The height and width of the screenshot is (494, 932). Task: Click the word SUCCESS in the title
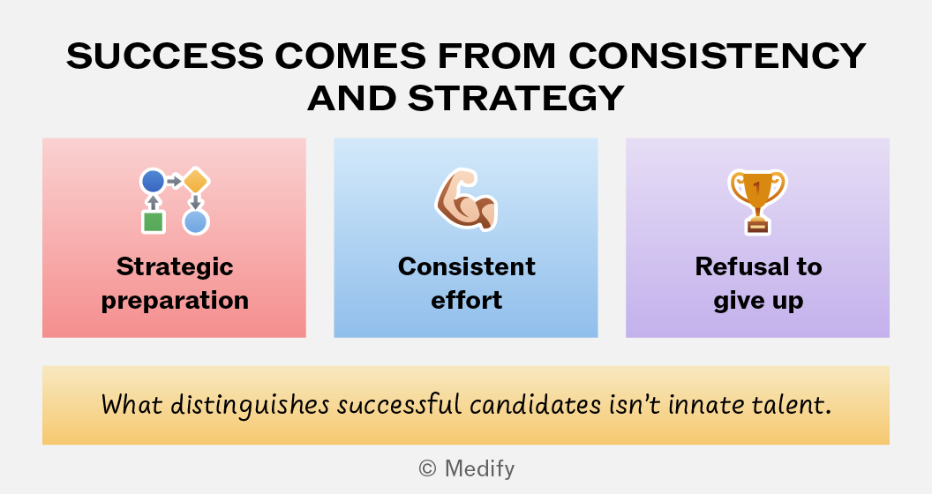click(165, 56)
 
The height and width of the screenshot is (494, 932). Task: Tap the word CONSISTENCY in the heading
click(718, 56)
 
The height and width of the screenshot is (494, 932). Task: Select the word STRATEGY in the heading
click(516, 98)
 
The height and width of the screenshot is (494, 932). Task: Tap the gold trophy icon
click(757, 202)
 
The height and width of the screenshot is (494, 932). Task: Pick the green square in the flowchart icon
click(154, 222)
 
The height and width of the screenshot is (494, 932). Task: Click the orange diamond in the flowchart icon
click(196, 181)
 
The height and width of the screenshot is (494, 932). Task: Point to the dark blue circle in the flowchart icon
click(153, 181)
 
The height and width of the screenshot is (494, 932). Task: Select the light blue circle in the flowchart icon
click(196, 222)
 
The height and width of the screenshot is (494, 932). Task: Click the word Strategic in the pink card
click(175, 267)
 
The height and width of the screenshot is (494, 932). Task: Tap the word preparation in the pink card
click(175, 301)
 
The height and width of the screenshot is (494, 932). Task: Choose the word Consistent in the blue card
click(467, 266)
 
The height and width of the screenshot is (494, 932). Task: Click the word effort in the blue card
click(467, 300)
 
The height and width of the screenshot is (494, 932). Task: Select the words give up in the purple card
click(758, 301)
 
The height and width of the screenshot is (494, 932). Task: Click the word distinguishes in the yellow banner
click(250, 406)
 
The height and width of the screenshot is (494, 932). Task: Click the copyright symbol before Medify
click(427, 468)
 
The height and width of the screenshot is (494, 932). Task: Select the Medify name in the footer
click(479, 469)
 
